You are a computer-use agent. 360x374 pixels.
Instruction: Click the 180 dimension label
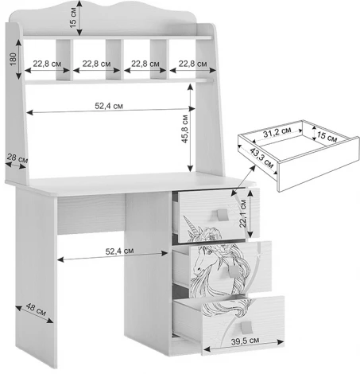pyautogui.click(x=13, y=59)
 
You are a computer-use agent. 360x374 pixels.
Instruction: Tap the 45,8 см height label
pyautogui.click(x=184, y=129)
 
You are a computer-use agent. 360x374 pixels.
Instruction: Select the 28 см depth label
pyautogui.click(x=17, y=158)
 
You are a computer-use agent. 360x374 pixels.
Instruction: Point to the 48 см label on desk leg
pyautogui.click(x=36, y=310)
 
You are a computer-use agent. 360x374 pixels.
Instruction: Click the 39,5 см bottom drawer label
pyautogui.click(x=245, y=341)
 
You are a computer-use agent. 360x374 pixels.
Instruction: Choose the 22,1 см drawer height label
pyautogui.click(x=243, y=213)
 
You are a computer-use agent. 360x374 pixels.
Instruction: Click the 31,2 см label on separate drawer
pyautogui.click(x=277, y=132)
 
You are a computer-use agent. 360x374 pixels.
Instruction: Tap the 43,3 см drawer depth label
pyautogui.click(x=261, y=158)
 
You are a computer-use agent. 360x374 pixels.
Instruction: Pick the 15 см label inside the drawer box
pyautogui.click(x=327, y=136)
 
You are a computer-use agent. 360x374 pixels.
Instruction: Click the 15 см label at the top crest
pyautogui.click(x=73, y=18)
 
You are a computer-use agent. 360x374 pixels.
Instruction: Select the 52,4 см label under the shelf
pyautogui.click(x=109, y=106)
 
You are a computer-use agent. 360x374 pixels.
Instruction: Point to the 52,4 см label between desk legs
pyautogui.click(x=119, y=251)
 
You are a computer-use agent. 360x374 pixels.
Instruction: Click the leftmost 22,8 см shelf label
pyautogui.click(x=47, y=64)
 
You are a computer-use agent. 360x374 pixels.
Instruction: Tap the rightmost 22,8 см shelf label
pyautogui.click(x=192, y=64)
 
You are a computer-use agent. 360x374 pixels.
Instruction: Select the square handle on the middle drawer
pyautogui.click(x=234, y=271)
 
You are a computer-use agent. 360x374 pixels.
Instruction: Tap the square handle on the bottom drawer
pyautogui.click(x=246, y=327)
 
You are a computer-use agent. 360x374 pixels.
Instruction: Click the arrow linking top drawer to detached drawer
pyautogui.click(x=243, y=181)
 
